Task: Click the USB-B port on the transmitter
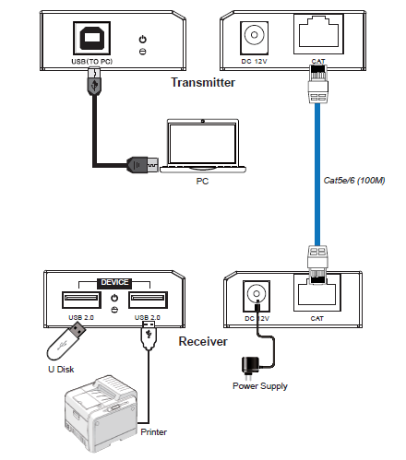(91, 38)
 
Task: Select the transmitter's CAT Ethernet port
(318, 34)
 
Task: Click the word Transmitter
(203, 82)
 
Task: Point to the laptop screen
(203, 144)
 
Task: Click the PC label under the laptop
(202, 182)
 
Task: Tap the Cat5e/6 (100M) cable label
(354, 181)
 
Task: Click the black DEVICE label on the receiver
(114, 283)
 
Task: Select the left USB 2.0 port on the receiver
(81, 300)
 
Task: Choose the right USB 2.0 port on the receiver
(148, 300)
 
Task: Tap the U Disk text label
(61, 370)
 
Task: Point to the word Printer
(153, 432)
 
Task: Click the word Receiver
(203, 342)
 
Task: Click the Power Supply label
(260, 386)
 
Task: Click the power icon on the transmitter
(143, 40)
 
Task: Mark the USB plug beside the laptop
(142, 165)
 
